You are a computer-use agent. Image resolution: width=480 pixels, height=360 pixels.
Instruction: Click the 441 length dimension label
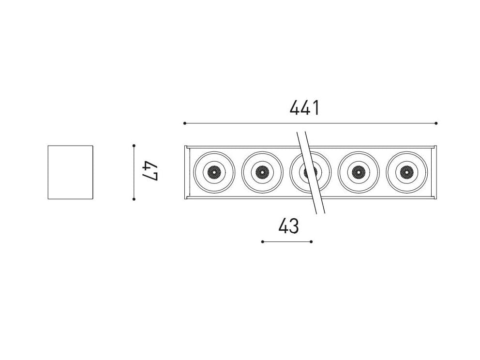(304, 107)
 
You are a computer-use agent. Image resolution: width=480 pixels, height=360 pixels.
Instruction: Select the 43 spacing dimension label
(288, 226)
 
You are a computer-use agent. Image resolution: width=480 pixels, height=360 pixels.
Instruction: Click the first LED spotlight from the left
(213, 172)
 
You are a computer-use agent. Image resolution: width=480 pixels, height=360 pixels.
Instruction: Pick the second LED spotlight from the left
(262, 172)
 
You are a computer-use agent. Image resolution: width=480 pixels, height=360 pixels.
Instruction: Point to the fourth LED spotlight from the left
(358, 172)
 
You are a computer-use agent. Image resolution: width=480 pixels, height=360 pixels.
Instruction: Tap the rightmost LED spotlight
(406, 172)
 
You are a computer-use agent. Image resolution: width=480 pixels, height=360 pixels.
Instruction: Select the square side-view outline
(70, 172)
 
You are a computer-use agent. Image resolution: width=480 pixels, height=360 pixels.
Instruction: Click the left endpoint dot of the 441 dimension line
(185, 123)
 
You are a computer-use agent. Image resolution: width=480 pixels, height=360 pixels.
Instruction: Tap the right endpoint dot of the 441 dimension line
(436, 123)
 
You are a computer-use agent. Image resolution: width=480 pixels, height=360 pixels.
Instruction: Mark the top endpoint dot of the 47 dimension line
(134, 145)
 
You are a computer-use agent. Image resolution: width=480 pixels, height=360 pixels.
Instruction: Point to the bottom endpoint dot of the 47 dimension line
(134, 199)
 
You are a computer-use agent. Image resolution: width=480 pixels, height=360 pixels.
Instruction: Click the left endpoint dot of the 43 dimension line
(262, 241)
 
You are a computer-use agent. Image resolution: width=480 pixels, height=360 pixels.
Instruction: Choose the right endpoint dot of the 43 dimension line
(311, 241)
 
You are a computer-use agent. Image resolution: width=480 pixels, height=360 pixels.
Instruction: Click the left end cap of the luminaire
(187, 172)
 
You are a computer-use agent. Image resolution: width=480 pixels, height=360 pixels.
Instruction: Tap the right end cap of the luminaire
(434, 172)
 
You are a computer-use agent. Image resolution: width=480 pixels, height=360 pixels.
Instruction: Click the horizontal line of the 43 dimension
(286, 241)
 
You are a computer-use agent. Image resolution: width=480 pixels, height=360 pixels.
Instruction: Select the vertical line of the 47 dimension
(134, 172)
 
